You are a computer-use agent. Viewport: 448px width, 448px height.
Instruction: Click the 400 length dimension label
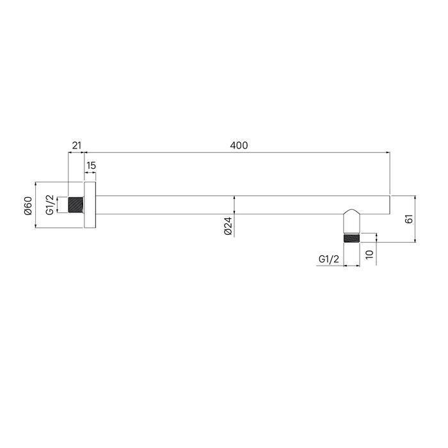click(239, 145)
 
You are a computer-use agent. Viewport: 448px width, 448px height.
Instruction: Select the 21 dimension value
click(77, 145)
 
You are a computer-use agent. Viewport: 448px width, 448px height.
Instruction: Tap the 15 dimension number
click(91, 165)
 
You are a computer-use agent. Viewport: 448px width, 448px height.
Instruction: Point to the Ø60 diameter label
click(28, 205)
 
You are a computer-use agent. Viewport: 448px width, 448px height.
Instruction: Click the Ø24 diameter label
click(228, 226)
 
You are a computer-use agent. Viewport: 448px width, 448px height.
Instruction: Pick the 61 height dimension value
click(409, 219)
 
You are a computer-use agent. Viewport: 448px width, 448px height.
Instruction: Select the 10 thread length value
click(369, 254)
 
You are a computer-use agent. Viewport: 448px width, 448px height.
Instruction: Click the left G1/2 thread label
click(50, 205)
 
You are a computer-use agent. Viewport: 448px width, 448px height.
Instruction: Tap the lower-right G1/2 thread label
click(328, 259)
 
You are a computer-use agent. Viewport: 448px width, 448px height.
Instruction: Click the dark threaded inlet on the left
click(76, 205)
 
